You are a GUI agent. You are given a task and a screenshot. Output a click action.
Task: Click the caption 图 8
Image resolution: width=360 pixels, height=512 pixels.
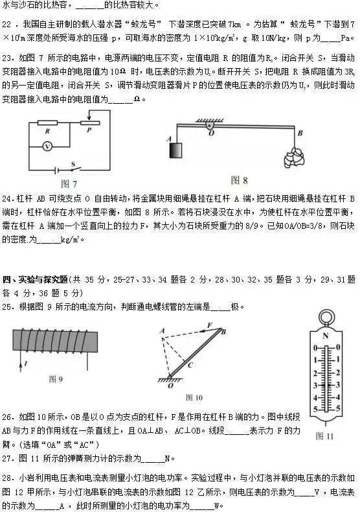[240, 180]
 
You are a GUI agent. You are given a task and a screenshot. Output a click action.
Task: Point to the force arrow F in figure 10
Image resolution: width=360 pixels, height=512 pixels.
[209, 325]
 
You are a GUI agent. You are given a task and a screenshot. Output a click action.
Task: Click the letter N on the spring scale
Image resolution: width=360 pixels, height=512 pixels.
[326, 338]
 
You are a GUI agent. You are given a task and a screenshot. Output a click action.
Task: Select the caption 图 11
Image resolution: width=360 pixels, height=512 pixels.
[325, 436]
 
